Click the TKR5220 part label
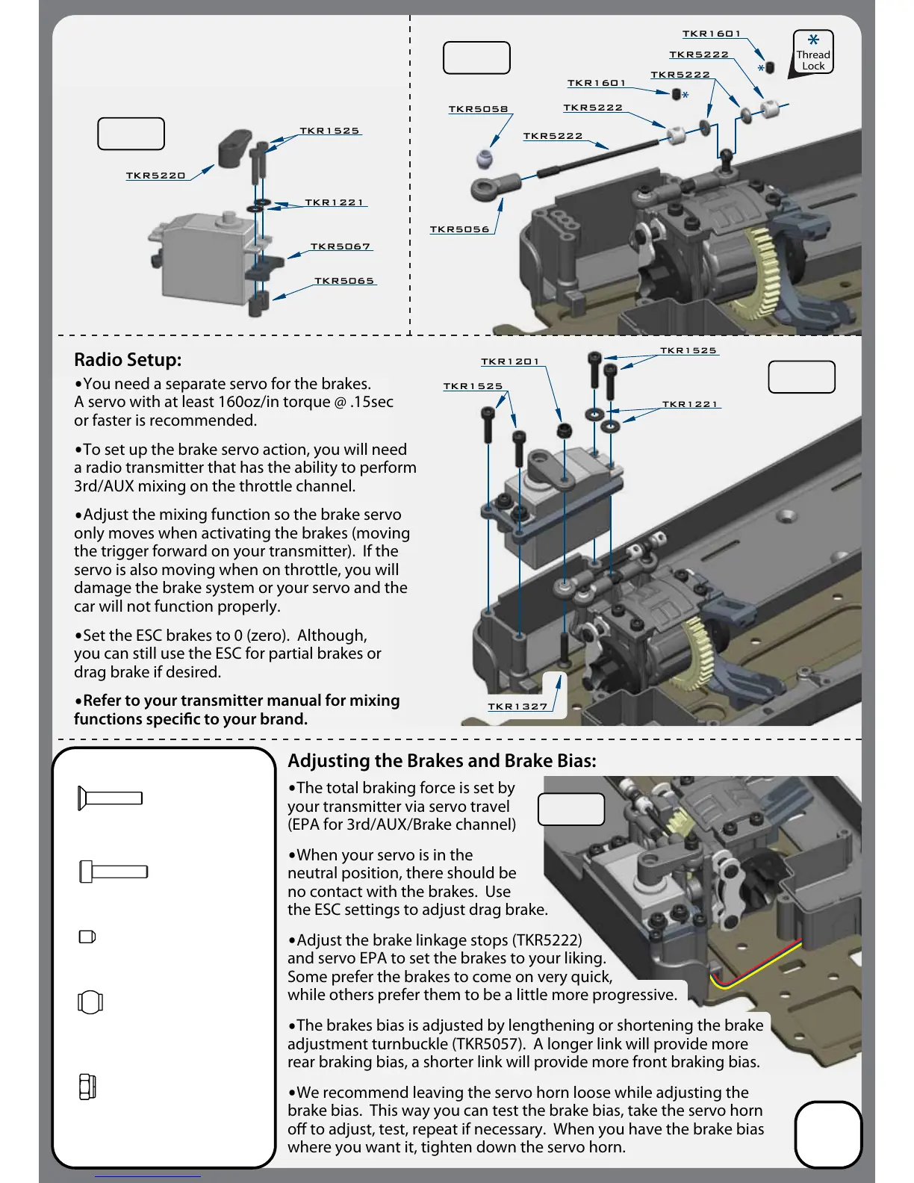click(155, 176)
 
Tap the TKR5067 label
click(341, 246)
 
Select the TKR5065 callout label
click(344, 281)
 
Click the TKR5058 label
click(478, 109)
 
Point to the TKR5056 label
click(459, 229)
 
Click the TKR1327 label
click(517, 707)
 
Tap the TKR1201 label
click(510, 361)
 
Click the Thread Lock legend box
click(813, 52)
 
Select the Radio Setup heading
click(128, 360)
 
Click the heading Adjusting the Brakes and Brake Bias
click(442, 761)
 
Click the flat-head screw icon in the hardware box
click(110, 798)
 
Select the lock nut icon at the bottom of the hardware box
click(87, 1087)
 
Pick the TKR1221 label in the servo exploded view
click(334, 202)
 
